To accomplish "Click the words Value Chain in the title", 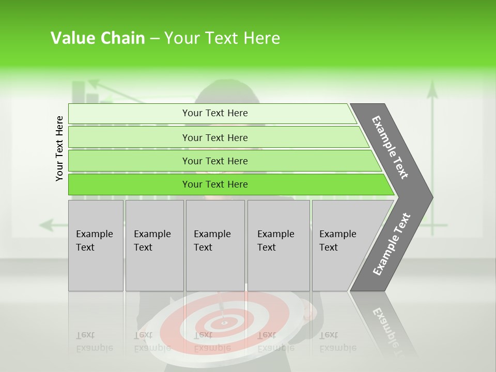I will point(98,38).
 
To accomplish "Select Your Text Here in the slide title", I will point(222,38).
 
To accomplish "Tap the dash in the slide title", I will point(154,39).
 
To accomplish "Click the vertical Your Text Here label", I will point(59,148).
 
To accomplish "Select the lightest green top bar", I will point(214,113).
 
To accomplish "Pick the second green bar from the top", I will point(214,137).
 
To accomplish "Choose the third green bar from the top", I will point(214,161).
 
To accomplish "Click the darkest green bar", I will point(214,184).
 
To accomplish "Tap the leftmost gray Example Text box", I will point(96,245).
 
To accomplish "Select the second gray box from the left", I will point(154,245).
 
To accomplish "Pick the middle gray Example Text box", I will point(215,245).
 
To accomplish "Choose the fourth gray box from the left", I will point(278,245).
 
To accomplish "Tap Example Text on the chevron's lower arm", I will point(392,244).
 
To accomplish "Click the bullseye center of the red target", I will point(224,323).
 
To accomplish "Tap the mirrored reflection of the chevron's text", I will point(385,326).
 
